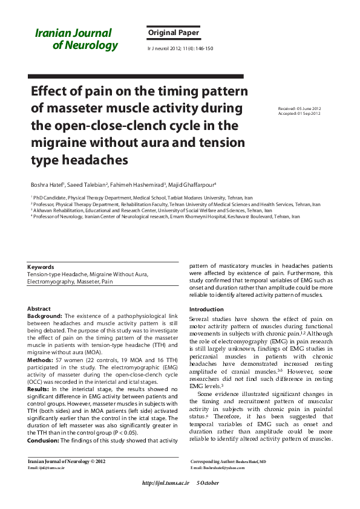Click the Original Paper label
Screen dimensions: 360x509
pyautogui.click(x=173, y=33)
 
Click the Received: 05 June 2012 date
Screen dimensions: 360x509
pyautogui.click(x=299, y=109)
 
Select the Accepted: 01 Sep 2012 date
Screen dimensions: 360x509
pyautogui.click(x=299, y=114)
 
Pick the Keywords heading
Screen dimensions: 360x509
pyautogui.click(x=41, y=267)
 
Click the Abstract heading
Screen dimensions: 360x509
pyautogui.click(x=39, y=309)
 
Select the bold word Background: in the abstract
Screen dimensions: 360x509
pyautogui.click(x=45, y=316)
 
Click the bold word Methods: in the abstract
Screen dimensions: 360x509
pyautogui.click(x=41, y=359)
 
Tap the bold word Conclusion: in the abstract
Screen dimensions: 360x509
pyautogui.click(x=46, y=440)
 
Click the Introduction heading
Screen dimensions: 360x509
pyautogui.click(x=206, y=310)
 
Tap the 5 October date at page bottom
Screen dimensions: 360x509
pyautogui.click(x=208, y=483)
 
